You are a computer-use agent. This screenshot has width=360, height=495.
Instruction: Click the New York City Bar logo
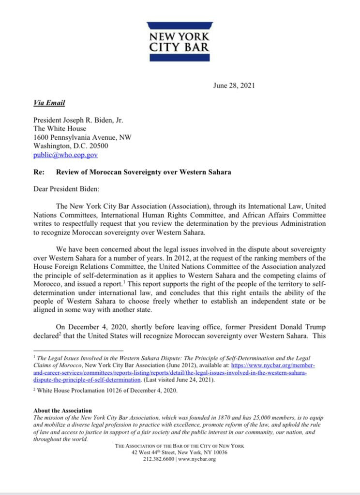[x=180, y=41]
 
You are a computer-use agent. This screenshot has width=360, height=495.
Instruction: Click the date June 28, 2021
[x=234, y=86]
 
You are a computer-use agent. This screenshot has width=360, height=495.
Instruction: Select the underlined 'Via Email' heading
[x=49, y=103]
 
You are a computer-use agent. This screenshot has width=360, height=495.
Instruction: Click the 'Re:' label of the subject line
[x=39, y=172]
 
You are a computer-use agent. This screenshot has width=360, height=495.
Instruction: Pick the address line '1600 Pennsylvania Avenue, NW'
[x=82, y=137]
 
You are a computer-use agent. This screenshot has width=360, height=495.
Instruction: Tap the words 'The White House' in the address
[x=60, y=129]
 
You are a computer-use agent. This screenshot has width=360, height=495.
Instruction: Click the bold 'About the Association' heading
[x=62, y=410]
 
